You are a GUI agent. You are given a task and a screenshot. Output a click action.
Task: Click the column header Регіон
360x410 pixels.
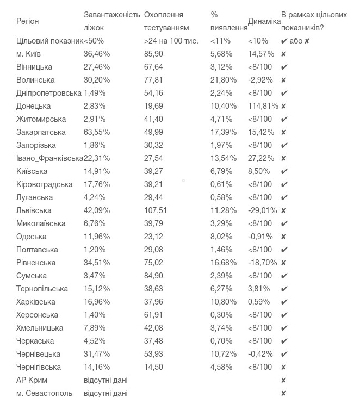(x=28, y=21)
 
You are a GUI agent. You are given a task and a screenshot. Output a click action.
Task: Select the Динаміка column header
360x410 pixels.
(x=264, y=21)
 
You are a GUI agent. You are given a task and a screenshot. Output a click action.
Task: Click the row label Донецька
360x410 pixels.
(x=34, y=106)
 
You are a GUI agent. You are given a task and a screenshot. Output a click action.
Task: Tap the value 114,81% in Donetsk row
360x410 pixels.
(x=263, y=106)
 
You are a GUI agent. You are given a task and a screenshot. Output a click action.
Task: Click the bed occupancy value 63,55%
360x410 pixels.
(x=97, y=132)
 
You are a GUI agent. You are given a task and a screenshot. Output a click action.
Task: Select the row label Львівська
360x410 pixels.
(x=34, y=210)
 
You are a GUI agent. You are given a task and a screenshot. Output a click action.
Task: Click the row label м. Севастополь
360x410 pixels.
(x=44, y=393)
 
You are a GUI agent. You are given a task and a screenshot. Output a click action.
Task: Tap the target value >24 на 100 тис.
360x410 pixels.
(x=171, y=41)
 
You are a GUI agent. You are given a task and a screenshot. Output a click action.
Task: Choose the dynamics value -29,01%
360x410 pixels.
(x=262, y=210)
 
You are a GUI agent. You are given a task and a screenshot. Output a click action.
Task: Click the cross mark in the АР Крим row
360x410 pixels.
(x=284, y=380)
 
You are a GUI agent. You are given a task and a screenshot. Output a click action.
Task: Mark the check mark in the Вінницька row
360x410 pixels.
(x=284, y=67)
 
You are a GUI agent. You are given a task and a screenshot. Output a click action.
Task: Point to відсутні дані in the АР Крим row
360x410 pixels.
(x=105, y=380)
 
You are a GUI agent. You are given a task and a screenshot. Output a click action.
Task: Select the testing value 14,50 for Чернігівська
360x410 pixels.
(x=153, y=367)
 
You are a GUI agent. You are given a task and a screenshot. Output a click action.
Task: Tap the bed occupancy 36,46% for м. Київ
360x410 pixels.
(x=97, y=54)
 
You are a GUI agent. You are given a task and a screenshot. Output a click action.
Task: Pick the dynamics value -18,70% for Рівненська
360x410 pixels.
(x=262, y=263)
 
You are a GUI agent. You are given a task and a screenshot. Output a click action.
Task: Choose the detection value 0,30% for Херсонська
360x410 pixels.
(x=221, y=315)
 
